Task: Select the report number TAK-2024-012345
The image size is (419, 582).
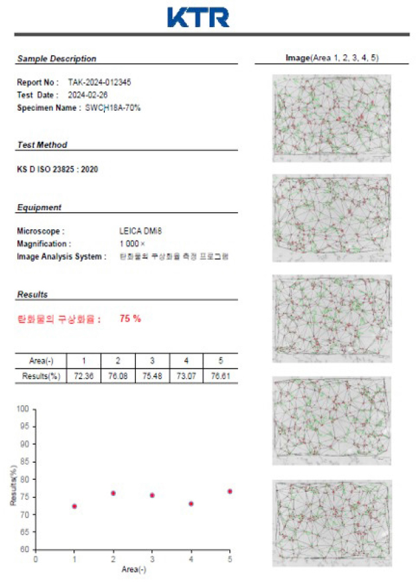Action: (99, 83)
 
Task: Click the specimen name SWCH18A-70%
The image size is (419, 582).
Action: (113, 107)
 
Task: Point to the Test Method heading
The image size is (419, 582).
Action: (42, 145)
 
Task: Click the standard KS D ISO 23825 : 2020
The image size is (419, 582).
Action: (57, 169)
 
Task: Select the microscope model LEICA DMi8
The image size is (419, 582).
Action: (140, 231)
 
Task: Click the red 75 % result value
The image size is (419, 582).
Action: (130, 319)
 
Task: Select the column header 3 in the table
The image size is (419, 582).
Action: (152, 361)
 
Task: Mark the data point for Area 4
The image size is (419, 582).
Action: (191, 504)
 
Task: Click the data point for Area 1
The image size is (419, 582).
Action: (74, 506)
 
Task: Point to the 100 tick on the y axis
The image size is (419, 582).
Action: (23, 409)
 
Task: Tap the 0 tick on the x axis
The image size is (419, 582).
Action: (36, 559)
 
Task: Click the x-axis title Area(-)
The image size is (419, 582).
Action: (133, 569)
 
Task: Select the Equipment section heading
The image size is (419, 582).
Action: (39, 207)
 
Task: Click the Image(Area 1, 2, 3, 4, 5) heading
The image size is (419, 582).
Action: (323, 58)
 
